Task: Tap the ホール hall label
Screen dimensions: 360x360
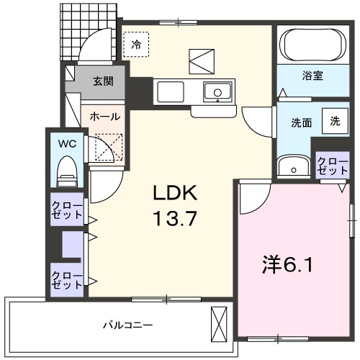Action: pos(104,116)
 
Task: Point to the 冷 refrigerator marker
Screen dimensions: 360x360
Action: pos(136,44)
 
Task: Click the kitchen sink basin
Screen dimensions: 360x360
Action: pos(215,92)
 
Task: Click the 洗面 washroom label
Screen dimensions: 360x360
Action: pos(301,122)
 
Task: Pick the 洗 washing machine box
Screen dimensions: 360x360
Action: pos(335,121)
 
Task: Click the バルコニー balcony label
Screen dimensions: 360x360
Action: pos(127,325)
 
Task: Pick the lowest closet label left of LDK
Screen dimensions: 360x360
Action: pos(66,279)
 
